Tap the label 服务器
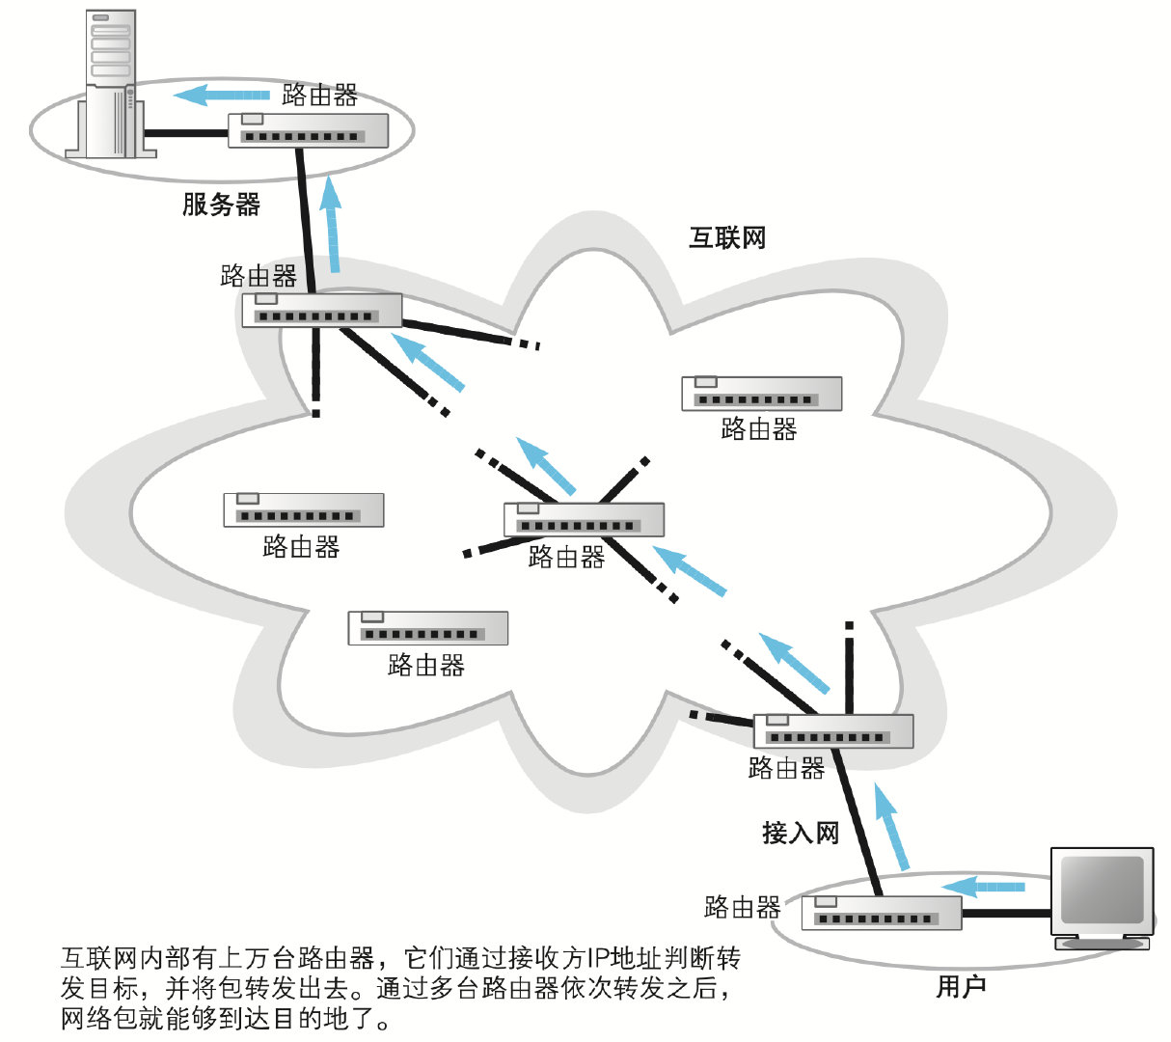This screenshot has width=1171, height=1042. click(x=221, y=205)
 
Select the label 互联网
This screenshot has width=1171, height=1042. click(x=727, y=238)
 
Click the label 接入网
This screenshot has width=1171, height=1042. click(x=801, y=833)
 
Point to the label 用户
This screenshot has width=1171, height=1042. click(x=961, y=987)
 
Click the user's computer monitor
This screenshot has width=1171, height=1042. click(x=1102, y=892)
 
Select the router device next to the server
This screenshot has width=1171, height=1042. click(x=308, y=130)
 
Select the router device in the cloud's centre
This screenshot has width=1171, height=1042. click(x=584, y=520)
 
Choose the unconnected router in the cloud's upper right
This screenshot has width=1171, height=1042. click(x=761, y=394)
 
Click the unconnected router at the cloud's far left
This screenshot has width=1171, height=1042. click(x=303, y=510)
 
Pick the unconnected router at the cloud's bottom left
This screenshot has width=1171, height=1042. click(x=427, y=628)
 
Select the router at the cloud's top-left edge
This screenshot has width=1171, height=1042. click(x=321, y=310)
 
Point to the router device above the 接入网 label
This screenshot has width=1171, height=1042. click(x=832, y=731)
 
